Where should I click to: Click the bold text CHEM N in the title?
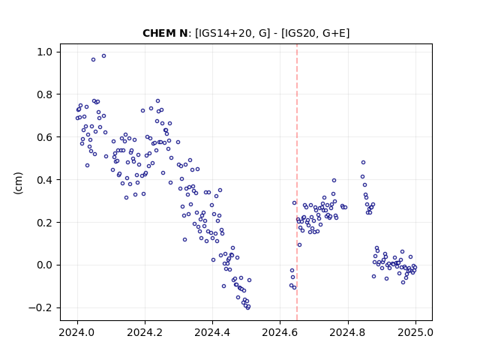165,33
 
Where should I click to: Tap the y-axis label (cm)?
18,183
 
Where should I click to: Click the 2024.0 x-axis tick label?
77,332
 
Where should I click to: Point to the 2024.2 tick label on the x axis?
145,332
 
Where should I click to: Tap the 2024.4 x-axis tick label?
212,332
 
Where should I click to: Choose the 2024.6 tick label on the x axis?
280,332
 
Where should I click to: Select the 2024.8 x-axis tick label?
348,332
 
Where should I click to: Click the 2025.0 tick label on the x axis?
415,332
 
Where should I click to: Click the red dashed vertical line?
297,182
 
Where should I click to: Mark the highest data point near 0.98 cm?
103,55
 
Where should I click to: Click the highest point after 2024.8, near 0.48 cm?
363,162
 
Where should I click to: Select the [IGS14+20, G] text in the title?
232,33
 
